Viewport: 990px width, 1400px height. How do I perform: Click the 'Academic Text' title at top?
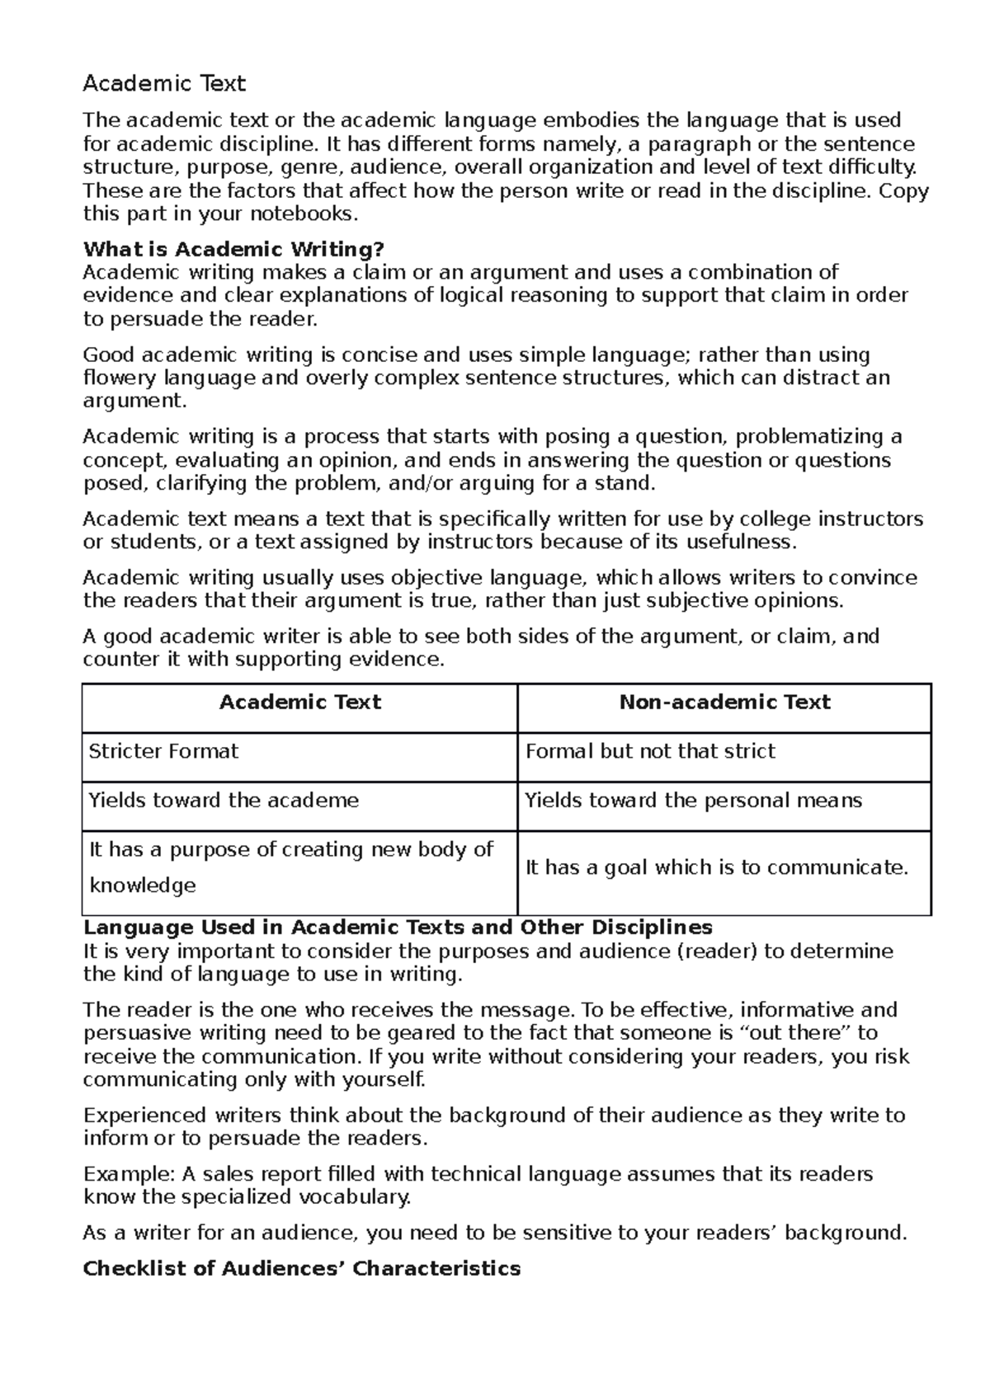point(164,84)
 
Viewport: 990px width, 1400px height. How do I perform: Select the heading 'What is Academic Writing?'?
point(233,249)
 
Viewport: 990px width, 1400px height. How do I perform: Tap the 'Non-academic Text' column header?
point(724,702)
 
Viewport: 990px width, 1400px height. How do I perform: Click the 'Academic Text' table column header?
point(299,702)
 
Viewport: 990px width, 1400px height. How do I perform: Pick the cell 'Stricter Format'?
point(163,752)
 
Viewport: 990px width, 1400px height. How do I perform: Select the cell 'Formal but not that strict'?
point(650,752)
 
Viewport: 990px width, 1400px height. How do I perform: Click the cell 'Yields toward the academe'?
point(224,801)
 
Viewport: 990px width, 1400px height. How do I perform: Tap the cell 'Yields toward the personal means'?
point(693,801)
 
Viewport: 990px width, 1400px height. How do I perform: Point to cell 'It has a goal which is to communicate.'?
point(716,868)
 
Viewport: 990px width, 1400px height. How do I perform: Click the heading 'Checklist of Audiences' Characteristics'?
point(302,1268)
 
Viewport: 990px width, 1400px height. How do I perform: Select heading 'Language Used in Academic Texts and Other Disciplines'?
point(398,928)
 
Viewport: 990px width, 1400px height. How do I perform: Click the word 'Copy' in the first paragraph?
point(903,191)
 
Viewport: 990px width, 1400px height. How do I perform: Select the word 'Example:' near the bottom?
point(121,1174)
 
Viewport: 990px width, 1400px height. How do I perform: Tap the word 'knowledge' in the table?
point(142,886)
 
